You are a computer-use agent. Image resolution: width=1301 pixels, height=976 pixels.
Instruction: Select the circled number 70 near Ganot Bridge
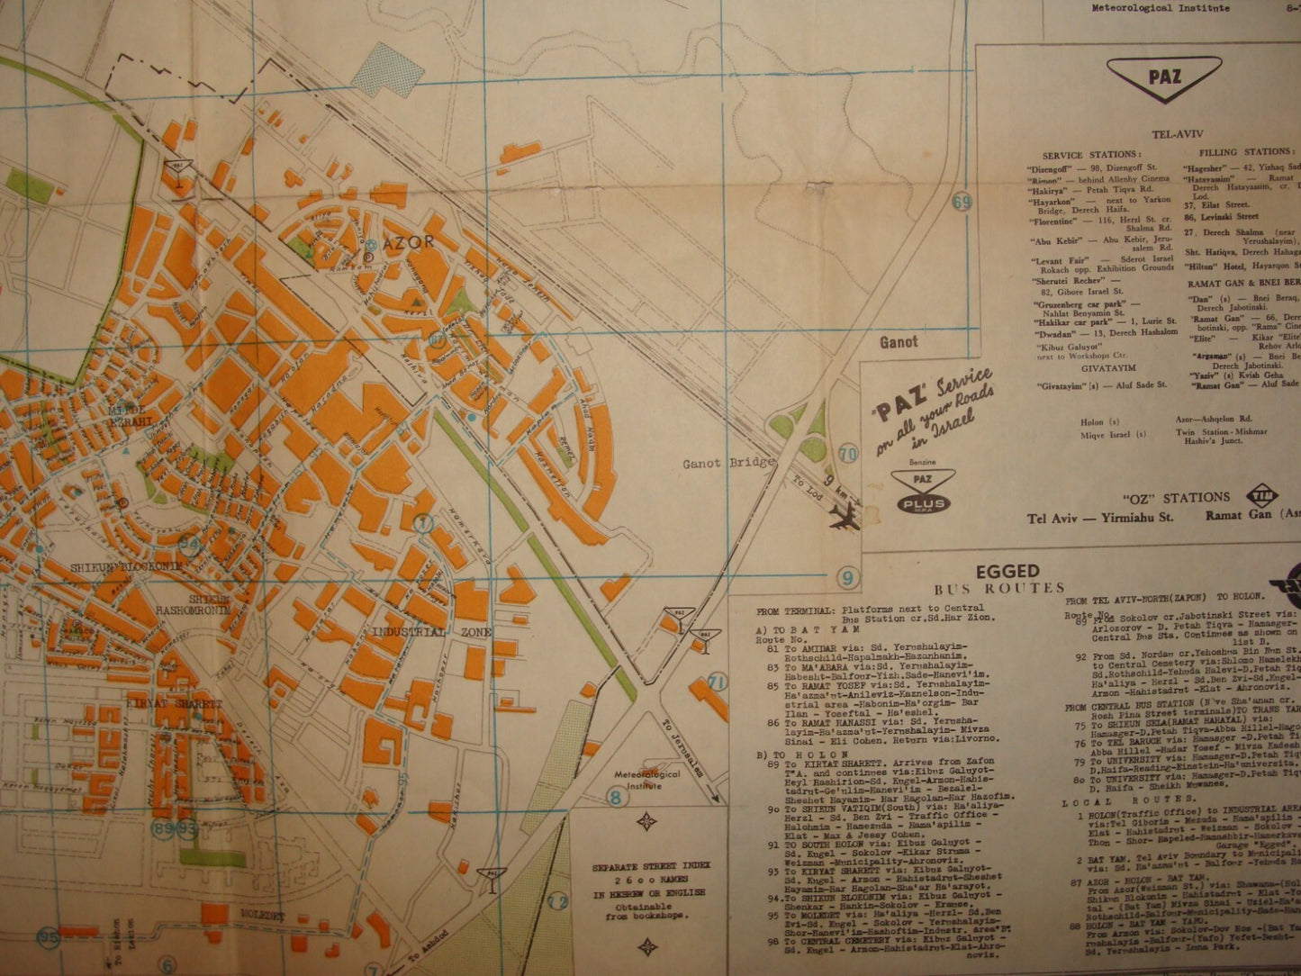point(847,455)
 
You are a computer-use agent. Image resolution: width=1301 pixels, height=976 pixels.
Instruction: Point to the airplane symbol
point(847,517)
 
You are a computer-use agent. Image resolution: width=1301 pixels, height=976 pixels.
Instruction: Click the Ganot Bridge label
point(728,463)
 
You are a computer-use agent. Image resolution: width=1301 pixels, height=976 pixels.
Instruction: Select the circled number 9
point(847,577)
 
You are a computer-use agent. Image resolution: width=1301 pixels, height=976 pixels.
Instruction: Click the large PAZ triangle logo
point(1164,77)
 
